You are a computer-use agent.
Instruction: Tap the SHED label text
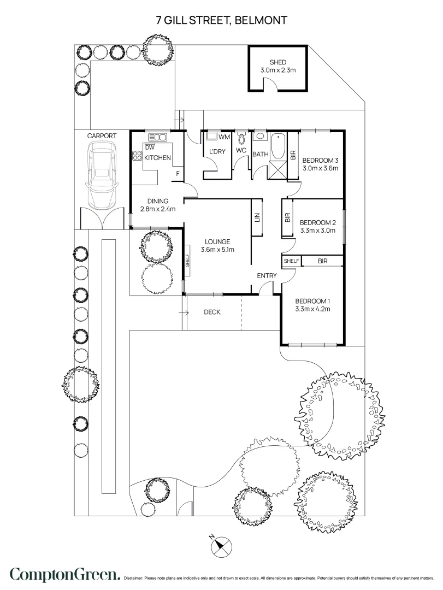pyautogui.click(x=277, y=62)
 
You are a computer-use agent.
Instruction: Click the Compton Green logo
pyautogui.click(x=64, y=575)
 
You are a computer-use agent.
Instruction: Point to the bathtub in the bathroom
pyautogui.click(x=278, y=146)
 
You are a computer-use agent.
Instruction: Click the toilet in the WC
pyautogui.click(x=242, y=139)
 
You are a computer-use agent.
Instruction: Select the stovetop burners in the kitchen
pyautogui.click(x=137, y=157)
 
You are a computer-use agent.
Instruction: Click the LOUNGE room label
pyautogui.click(x=217, y=241)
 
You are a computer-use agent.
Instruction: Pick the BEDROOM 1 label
pyautogui.click(x=313, y=301)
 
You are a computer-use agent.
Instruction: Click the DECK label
pyautogui.click(x=212, y=312)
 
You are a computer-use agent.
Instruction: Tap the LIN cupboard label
pyautogui.click(x=257, y=217)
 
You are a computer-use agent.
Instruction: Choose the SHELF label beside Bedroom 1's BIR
pyautogui.click(x=291, y=261)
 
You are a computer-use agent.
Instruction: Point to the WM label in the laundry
pyautogui.click(x=224, y=137)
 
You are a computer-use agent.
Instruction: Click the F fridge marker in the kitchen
pyautogui.click(x=177, y=174)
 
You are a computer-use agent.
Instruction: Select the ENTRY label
pyautogui.click(x=267, y=276)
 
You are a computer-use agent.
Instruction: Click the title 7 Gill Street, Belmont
pyautogui.click(x=221, y=20)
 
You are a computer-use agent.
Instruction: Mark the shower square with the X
pyautogui.click(x=279, y=170)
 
